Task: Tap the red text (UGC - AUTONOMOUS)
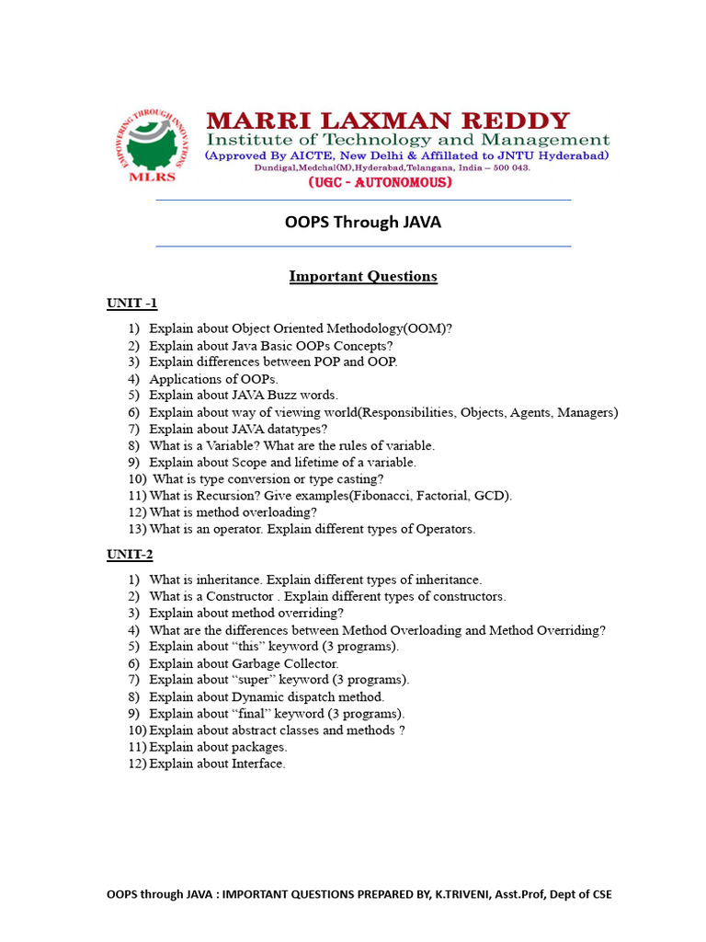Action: (380, 183)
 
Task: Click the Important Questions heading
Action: (363, 276)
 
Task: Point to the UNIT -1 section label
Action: (132, 304)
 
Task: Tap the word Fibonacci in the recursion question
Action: (367, 496)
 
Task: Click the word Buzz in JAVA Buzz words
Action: (280, 396)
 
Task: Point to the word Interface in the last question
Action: (258, 764)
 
